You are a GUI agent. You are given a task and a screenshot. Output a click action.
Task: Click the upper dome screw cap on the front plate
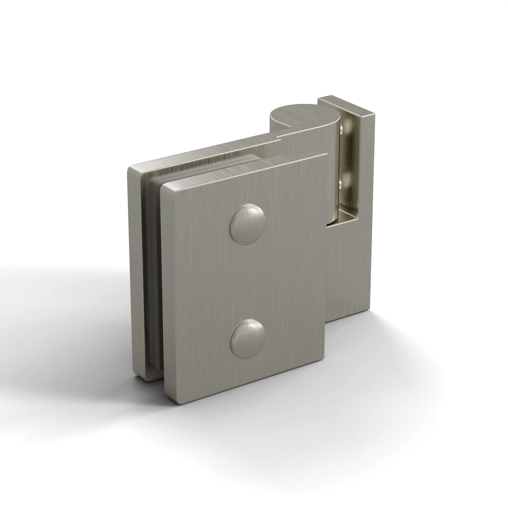point(247,224)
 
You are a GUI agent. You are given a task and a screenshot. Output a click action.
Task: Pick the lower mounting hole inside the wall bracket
point(341,184)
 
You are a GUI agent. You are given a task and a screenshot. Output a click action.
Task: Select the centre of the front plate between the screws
point(247,281)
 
